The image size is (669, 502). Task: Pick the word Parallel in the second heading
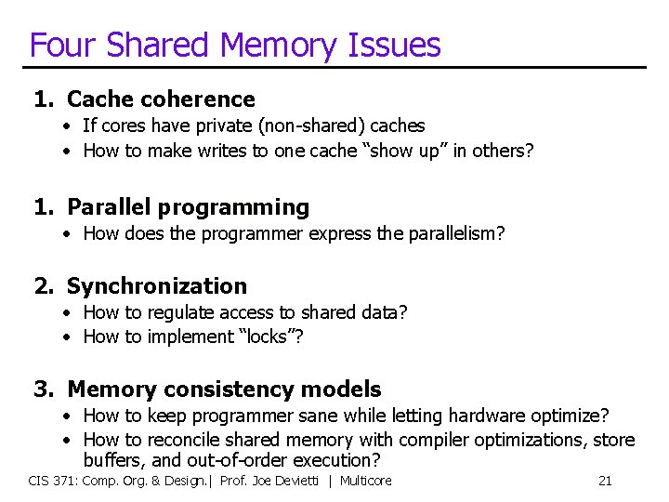point(110,207)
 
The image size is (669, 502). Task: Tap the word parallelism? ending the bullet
point(456,233)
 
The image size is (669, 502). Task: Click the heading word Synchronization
point(157,286)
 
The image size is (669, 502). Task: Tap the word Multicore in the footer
point(365,481)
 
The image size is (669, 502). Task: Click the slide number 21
point(605,481)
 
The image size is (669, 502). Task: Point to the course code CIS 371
point(55,481)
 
